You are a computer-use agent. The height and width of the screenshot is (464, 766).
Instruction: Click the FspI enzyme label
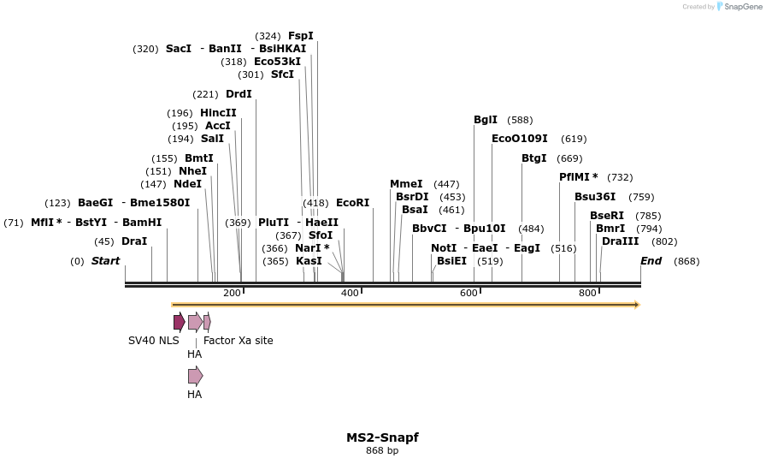(301, 36)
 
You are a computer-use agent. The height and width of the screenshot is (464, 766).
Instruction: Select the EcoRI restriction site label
(352, 203)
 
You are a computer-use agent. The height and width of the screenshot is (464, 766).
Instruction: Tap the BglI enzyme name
(486, 120)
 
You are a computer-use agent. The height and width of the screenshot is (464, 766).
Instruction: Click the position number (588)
(520, 120)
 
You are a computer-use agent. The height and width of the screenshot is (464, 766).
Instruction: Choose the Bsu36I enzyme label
(595, 197)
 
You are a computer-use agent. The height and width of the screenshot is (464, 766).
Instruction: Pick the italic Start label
(106, 261)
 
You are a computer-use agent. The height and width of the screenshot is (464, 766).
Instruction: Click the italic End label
(651, 261)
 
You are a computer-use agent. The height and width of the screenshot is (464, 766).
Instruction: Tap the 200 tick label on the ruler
(232, 294)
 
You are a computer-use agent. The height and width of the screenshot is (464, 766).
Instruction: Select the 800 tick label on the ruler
(587, 294)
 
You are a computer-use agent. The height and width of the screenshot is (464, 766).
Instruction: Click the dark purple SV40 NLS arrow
(179, 322)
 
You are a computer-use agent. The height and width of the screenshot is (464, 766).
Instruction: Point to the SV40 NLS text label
(154, 341)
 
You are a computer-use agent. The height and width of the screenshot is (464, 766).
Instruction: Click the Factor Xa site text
(239, 341)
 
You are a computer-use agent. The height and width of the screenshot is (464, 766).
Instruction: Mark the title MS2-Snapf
(382, 437)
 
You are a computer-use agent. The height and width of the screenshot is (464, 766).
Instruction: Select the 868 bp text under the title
(382, 451)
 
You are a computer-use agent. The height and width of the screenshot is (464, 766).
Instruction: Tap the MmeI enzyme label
(406, 184)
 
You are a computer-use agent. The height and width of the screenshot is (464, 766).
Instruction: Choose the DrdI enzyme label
(239, 94)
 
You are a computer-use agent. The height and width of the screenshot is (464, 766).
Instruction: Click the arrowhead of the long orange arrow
(637, 305)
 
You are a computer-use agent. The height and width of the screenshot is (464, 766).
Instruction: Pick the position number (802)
(664, 241)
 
